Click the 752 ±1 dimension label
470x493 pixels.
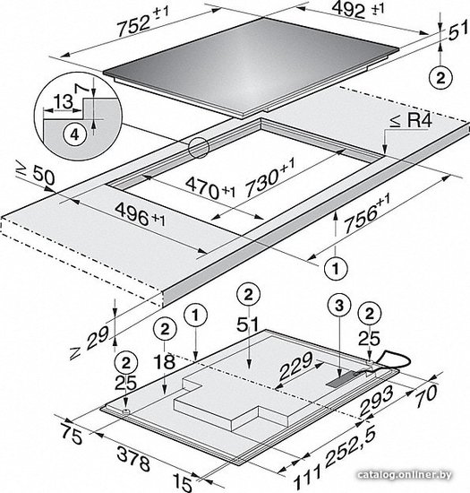pyautogui.click(x=143, y=21)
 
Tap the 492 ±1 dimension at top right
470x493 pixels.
pyautogui.click(x=357, y=10)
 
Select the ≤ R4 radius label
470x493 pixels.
pyautogui.click(x=411, y=121)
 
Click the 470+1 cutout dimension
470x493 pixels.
pyautogui.click(x=209, y=188)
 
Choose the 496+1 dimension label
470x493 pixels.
pyautogui.click(x=140, y=214)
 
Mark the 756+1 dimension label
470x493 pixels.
pyautogui.click(x=367, y=214)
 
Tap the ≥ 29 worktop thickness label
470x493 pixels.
pyautogui.click(x=90, y=342)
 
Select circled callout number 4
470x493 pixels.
pyautogui.click(x=74, y=134)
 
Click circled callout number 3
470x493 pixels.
pyautogui.click(x=339, y=306)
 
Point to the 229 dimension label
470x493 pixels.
pyautogui.click(x=296, y=366)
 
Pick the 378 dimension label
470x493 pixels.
pyautogui.click(x=133, y=458)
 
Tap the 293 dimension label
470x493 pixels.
pyautogui.click(x=376, y=401)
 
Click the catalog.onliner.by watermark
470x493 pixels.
pyautogui.click(x=405, y=474)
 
